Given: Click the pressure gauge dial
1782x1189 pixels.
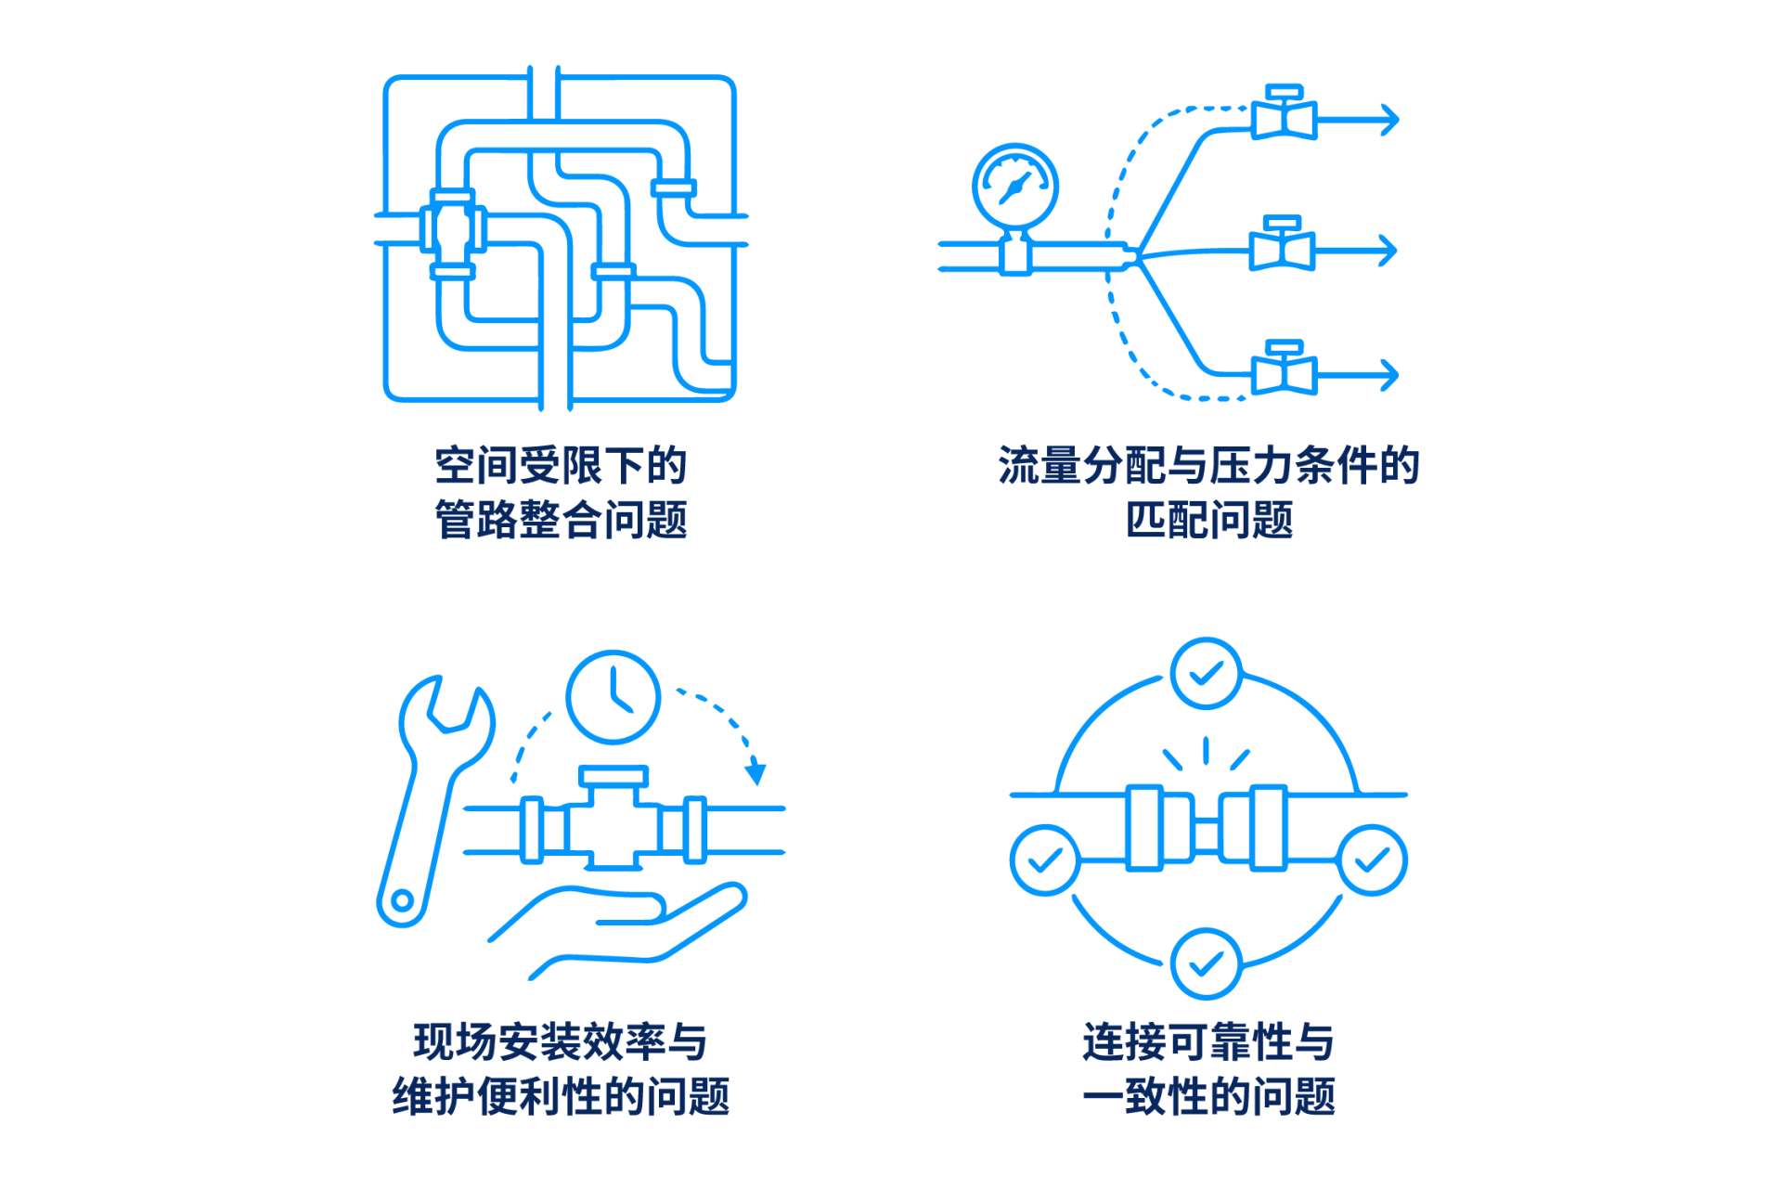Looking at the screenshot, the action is (x=1015, y=186).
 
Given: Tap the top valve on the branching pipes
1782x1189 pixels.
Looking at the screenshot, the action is (x=1284, y=113).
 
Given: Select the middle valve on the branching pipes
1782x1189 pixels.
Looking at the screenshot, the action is (x=1282, y=244).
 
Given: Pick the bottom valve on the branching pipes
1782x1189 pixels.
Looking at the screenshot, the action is (x=1284, y=368).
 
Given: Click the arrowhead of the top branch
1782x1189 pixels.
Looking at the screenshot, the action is (x=1390, y=120).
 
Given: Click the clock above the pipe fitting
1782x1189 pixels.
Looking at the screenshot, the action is (x=613, y=697).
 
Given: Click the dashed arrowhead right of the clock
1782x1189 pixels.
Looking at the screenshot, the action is (x=756, y=771).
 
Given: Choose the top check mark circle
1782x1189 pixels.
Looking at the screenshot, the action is (x=1207, y=673).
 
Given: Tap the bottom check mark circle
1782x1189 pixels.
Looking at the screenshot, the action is (x=1207, y=963).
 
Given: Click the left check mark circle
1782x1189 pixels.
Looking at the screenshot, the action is (x=1045, y=860).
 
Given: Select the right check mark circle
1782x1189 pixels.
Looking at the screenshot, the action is (x=1373, y=860).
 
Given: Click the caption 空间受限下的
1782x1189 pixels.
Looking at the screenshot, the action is (x=561, y=465).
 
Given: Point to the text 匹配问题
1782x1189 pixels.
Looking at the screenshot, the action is (x=1209, y=520).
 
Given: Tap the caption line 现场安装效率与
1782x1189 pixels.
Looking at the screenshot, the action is (x=561, y=1041).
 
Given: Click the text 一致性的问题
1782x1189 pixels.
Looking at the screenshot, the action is (x=1209, y=1096).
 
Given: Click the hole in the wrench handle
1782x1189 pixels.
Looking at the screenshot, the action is (x=403, y=899).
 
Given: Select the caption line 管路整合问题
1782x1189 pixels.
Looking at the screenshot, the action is (x=561, y=520).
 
